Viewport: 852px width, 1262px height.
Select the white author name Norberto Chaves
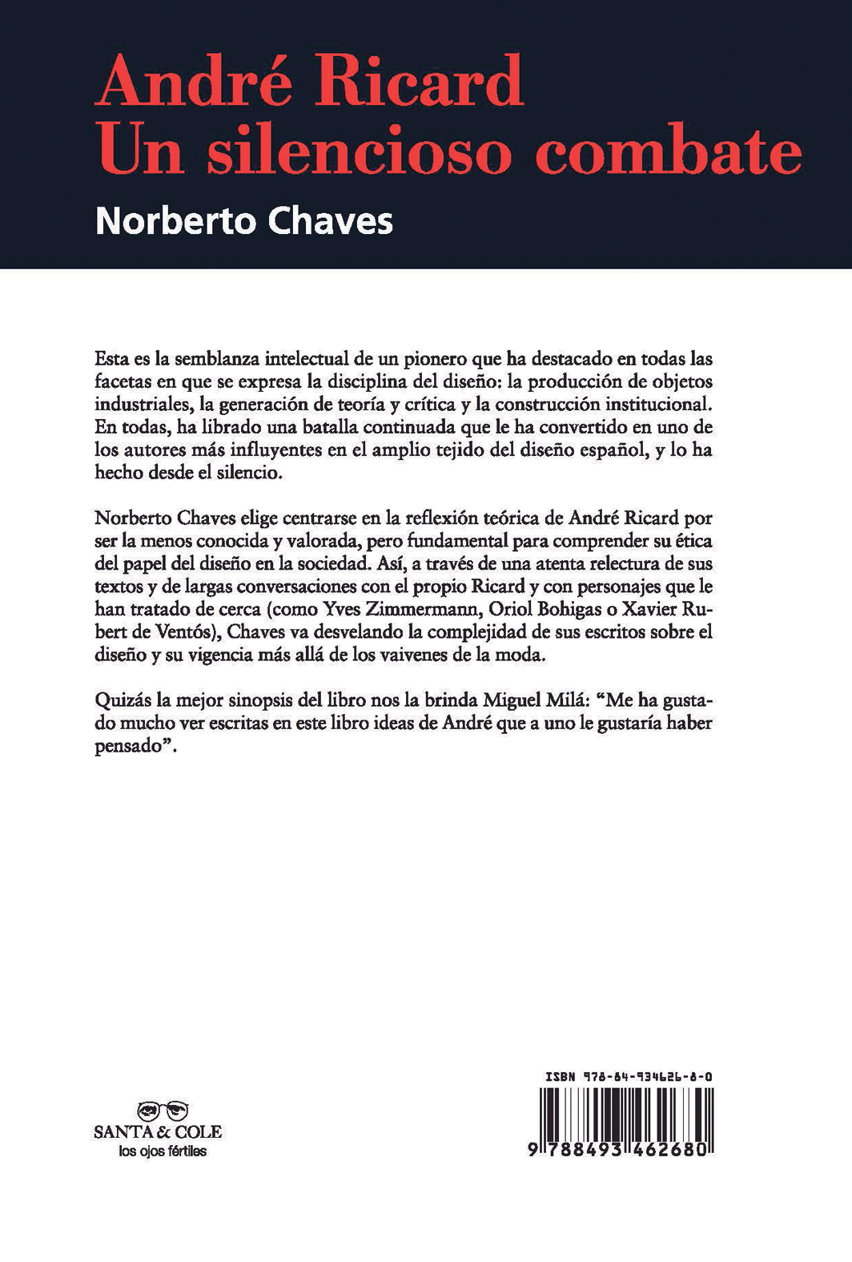243,219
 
